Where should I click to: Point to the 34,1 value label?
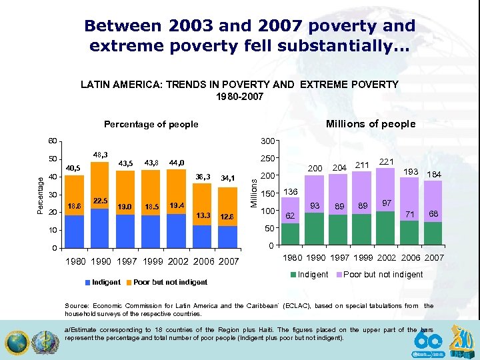point(229,178)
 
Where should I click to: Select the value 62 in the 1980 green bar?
point(290,216)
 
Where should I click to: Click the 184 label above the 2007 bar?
point(435,175)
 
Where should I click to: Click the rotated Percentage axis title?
point(40,195)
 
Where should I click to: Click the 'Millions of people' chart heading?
point(370,123)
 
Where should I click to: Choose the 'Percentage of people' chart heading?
point(151,124)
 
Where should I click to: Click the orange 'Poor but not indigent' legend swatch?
point(129,282)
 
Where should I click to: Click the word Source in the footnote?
point(77,306)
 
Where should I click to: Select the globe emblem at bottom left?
point(17,343)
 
